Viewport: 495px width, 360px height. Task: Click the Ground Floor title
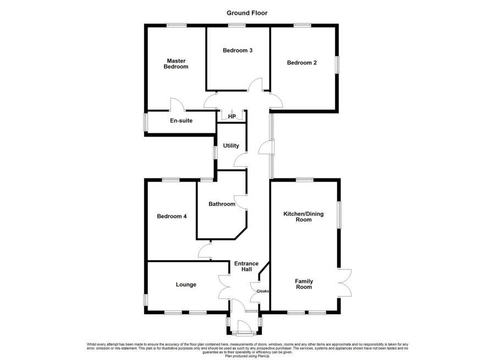(x=247, y=13)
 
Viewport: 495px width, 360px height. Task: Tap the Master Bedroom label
(x=177, y=64)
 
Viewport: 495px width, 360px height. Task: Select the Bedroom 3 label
(x=238, y=51)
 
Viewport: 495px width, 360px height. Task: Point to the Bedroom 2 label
(x=302, y=63)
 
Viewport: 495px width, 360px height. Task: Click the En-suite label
(x=181, y=121)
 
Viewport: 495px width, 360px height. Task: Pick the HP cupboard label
(x=232, y=117)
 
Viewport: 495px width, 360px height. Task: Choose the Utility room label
(x=231, y=146)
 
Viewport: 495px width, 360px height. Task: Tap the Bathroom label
(x=222, y=204)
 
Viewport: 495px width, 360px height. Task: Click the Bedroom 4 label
(x=172, y=216)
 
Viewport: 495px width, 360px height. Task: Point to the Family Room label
(x=304, y=283)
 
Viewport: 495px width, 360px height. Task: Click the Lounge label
(x=186, y=285)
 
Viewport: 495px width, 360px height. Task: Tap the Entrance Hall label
(x=246, y=267)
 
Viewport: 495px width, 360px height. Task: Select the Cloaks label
(x=262, y=291)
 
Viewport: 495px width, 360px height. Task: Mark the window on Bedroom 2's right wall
(x=338, y=64)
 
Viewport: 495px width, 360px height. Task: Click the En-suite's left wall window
(x=146, y=122)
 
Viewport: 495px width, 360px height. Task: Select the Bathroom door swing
(x=240, y=201)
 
